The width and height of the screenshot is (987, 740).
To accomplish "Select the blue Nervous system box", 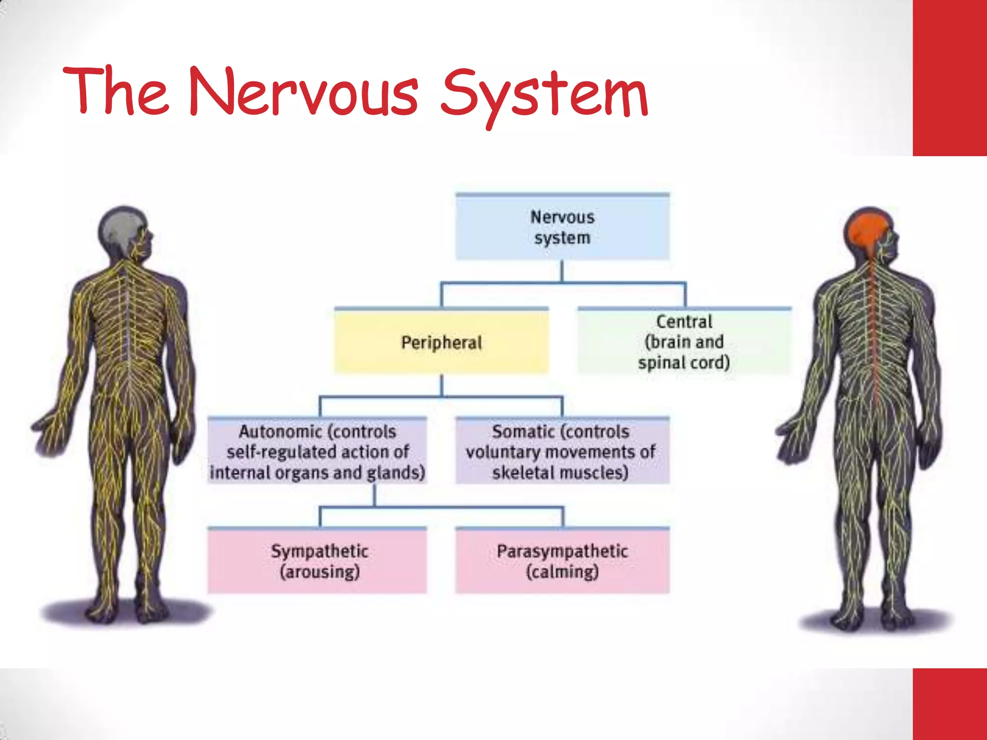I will (562, 227).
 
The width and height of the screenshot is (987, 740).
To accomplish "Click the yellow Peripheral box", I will (441, 342).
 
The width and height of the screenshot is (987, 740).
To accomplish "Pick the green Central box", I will (684, 342).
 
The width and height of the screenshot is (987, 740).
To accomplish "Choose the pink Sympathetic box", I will (317, 561).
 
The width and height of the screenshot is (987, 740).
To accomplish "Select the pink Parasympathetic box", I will (562, 561).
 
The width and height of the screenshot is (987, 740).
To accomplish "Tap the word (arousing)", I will (320, 572).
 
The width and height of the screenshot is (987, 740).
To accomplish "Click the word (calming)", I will (562, 572).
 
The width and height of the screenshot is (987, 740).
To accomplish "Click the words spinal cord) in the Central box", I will (684, 363).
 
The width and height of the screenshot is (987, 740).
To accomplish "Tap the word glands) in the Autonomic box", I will (396, 473).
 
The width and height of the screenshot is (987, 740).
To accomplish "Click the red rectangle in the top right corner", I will (949, 77).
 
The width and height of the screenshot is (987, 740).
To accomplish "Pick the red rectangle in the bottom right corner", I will (949, 703).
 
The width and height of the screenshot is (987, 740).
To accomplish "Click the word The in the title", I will (116, 92).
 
